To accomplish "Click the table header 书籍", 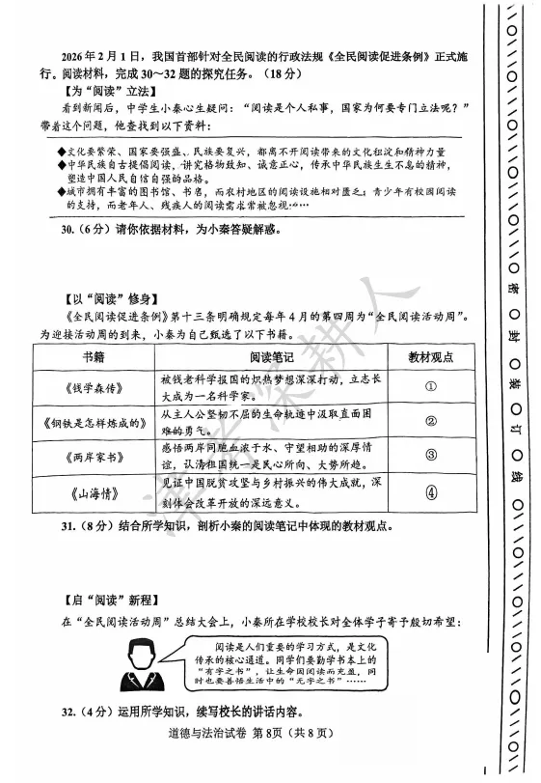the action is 93,356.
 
